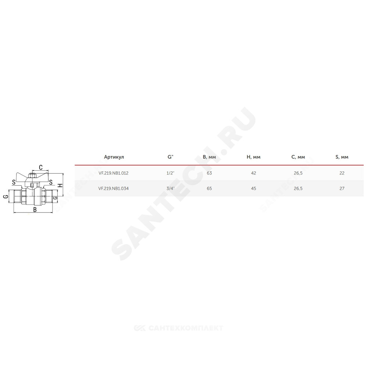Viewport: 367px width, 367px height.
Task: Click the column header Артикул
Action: click(114, 157)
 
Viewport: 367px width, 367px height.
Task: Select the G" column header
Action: click(170, 157)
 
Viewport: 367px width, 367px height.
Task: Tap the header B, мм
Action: click(209, 157)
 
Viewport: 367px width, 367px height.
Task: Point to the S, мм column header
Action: click(342, 157)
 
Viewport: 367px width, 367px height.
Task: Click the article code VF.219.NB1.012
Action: click(113, 173)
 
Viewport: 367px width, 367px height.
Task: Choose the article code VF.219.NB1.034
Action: click(113, 188)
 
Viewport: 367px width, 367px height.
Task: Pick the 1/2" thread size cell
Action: click(170, 173)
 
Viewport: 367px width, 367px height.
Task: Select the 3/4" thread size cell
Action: click(170, 188)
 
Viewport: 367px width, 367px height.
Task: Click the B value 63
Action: click(209, 173)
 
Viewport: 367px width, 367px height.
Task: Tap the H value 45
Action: click(254, 188)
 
